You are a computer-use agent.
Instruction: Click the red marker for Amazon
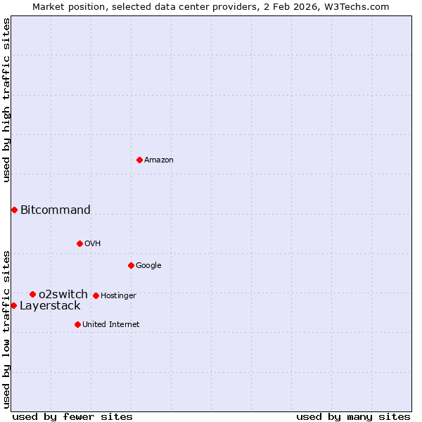139,160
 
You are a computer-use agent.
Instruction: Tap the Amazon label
159,160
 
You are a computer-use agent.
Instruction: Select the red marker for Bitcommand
14,210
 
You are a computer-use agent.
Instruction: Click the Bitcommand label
56,210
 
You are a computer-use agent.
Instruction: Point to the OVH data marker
79,243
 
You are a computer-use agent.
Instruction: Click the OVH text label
93,244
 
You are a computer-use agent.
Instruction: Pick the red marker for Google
131,265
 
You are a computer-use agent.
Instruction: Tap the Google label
148,266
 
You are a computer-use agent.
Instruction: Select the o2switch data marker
32,294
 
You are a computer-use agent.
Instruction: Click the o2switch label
63,294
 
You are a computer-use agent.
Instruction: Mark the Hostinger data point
96,295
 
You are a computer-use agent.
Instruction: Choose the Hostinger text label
118,296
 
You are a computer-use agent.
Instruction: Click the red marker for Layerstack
13,305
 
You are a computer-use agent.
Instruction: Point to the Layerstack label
50,305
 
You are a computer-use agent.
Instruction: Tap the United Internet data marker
77,324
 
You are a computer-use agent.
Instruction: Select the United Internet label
111,325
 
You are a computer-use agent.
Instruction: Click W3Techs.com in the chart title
359,6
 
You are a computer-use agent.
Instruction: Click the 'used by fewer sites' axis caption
72,416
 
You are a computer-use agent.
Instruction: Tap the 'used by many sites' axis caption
353,416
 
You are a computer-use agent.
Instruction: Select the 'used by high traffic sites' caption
6,100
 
